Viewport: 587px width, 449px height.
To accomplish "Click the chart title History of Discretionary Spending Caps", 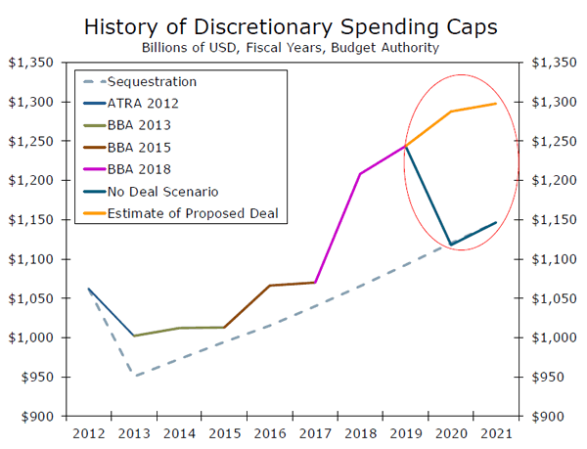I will [x=293, y=24].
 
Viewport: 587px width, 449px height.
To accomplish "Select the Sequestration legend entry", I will [x=152, y=81].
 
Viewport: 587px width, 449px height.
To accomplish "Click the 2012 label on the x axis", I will [x=88, y=431].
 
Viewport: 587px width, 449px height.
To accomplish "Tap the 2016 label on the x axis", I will [x=269, y=431].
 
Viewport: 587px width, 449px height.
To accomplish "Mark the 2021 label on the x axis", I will [x=496, y=431].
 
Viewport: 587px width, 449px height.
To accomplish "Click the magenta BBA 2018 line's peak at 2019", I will [x=405, y=146].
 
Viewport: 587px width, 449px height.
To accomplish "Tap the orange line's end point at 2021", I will [x=496, y=103].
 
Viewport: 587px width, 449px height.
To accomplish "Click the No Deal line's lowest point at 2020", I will [x=451, y=245].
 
